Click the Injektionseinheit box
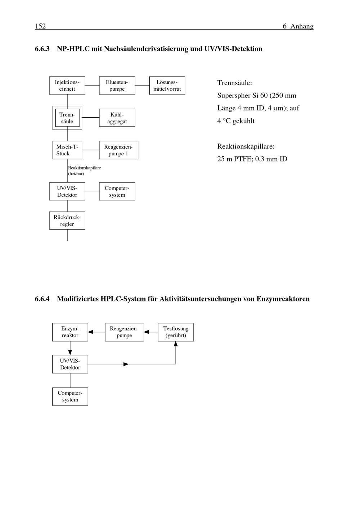pyautogui.click(x=67, y=86)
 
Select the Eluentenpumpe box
pyautogui.click(x=117, y=86)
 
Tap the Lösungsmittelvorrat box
pyautogui.click(x=167, y=86)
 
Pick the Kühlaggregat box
pyautogui.click(x=117, y=118)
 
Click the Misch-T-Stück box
pyautogui.click(x=67, y=150)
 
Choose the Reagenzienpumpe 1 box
pyautogui.click(x=118, y=150)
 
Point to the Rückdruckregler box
pyautogui.click(x=67, y=221)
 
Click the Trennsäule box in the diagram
pyautogui.click(x=67, y=118)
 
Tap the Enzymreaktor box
pyautogui.click(x=70, y=332)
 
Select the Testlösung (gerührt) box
pyautogui.click(x=176, y=332)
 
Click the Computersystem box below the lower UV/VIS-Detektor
pyautogui.click(x=70, y=396)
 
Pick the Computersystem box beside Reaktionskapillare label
pyautogui.click(x=117, y=191)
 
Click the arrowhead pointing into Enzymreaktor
pyautogui.click(x=91, y=332)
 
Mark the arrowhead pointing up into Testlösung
pyautogui.click(x=176, y=344)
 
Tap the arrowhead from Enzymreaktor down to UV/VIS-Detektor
pyautogui.click(x=70, y=353)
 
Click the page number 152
pyautogui.click(x=40, y=26)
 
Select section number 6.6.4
pyautogui.click(x=42, y=299)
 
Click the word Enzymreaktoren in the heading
pyautogui.click(x=283, y=299)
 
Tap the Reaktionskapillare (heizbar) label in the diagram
pyautogui.click(x=84, y=171)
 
